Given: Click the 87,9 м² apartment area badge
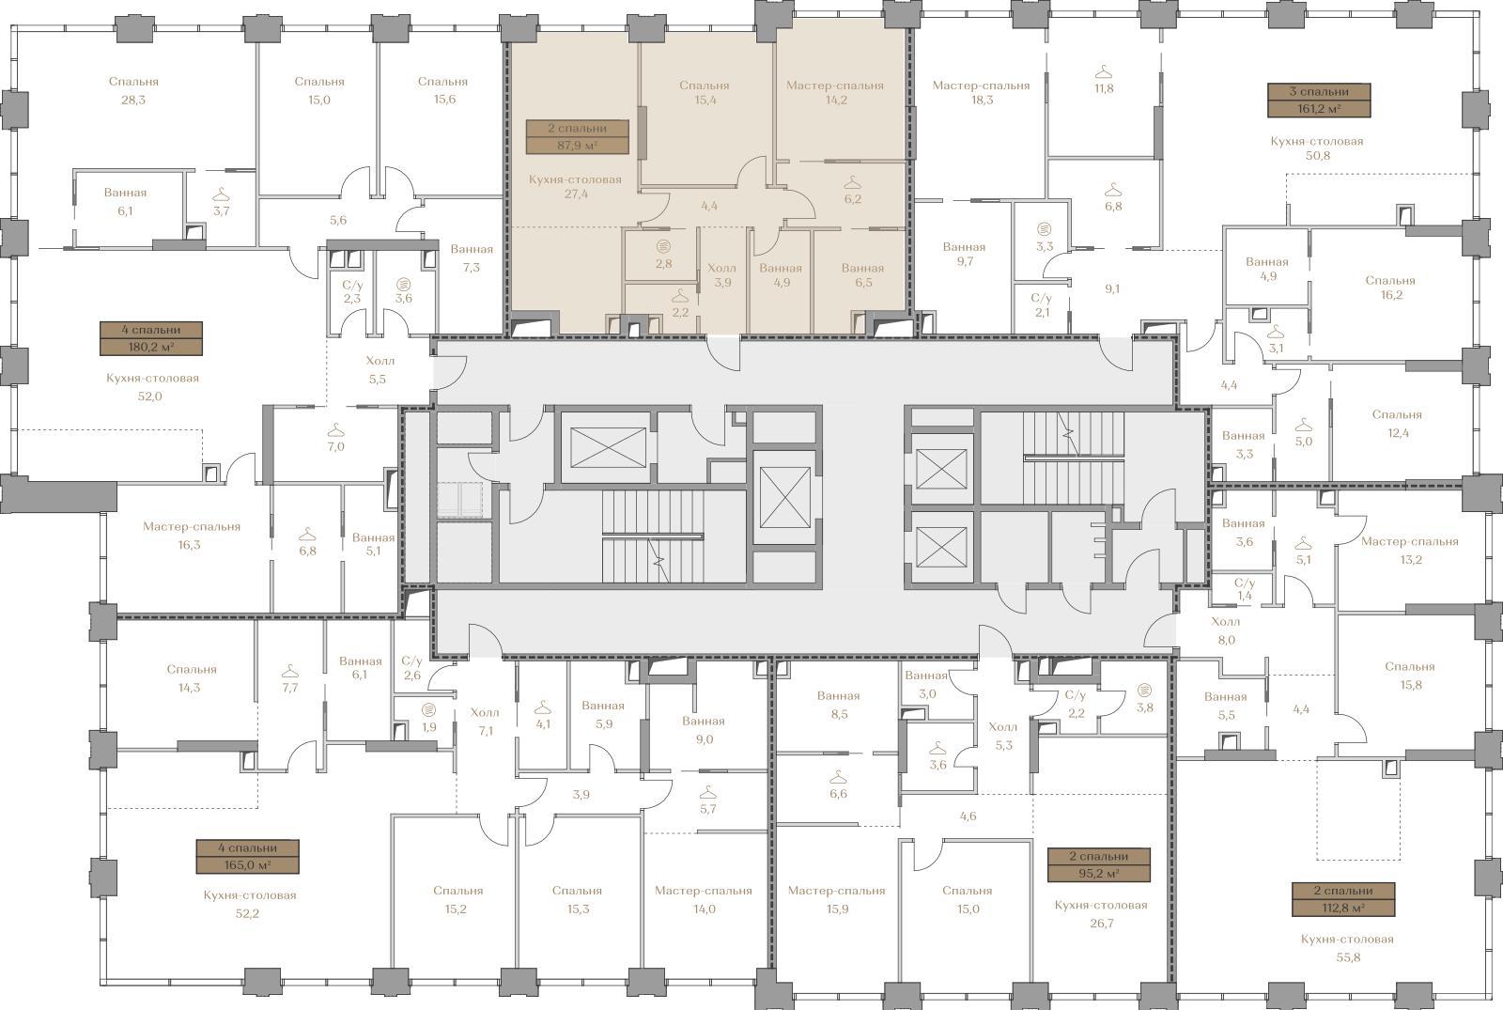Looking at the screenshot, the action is click(577, 136).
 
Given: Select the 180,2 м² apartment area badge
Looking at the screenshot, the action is click(151, 338).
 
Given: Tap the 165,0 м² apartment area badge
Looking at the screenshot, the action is click(248, 856).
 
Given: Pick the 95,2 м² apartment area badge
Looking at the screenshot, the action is click(1099, 864).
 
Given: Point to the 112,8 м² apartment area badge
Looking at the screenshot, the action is click(1343, 899).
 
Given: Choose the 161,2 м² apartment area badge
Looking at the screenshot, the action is click(1319, 100).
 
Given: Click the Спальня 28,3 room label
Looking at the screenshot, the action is click(133, 90).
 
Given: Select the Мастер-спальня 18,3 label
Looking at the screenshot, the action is click(981, 93).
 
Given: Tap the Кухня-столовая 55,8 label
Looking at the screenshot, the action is click(1347, 948).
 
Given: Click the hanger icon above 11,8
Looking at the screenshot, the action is click(1104, 70).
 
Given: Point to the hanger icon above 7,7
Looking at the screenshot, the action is click(290, 670).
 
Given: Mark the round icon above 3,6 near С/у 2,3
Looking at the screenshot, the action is click(403, 284).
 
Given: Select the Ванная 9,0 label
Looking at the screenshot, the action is click(704, 730).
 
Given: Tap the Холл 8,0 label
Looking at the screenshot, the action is click(1226, 630).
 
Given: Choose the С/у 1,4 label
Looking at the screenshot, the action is click(1245, 589).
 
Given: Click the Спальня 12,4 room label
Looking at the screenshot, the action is click(1398, 424).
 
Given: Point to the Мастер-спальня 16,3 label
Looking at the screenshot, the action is click(192, 536).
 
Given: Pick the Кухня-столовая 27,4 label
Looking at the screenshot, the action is click(575, 187).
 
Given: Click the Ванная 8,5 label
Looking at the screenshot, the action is click(839, 705).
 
